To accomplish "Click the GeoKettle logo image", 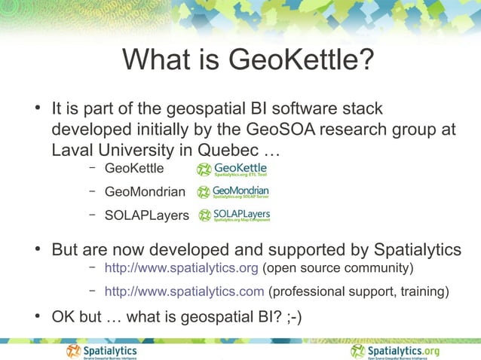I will click(231, 169).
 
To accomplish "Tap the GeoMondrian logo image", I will click(233, 192).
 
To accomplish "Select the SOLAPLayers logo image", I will click(234, 215).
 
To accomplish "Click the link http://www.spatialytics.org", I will click(182, 268).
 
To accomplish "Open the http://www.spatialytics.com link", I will click(184, 291).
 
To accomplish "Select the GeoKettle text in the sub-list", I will click(133, 168).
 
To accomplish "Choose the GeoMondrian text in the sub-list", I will click(144, 192).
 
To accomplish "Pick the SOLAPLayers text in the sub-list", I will click(146, 216).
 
